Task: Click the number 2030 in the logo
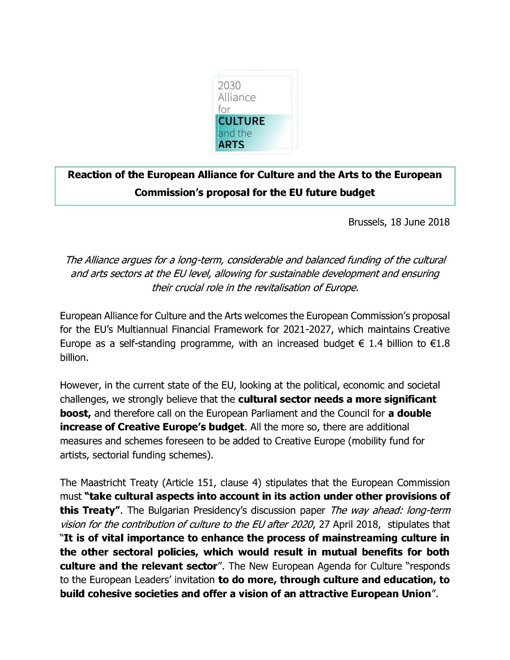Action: point(229,85)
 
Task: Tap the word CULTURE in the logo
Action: point(241,121)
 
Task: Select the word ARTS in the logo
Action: point(231,144)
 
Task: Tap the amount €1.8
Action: point(439,344)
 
